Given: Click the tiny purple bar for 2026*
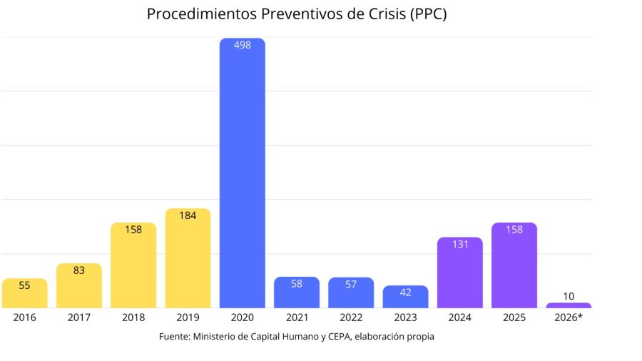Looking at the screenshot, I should point(569,305).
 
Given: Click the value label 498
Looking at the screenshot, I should point(242,46).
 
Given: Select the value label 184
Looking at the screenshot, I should point(188,215).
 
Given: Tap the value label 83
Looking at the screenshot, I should point(78,270).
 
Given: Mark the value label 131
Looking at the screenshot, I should point(459,244).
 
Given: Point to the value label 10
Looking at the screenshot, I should point(569,296).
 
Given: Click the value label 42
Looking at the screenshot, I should point(405,292).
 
